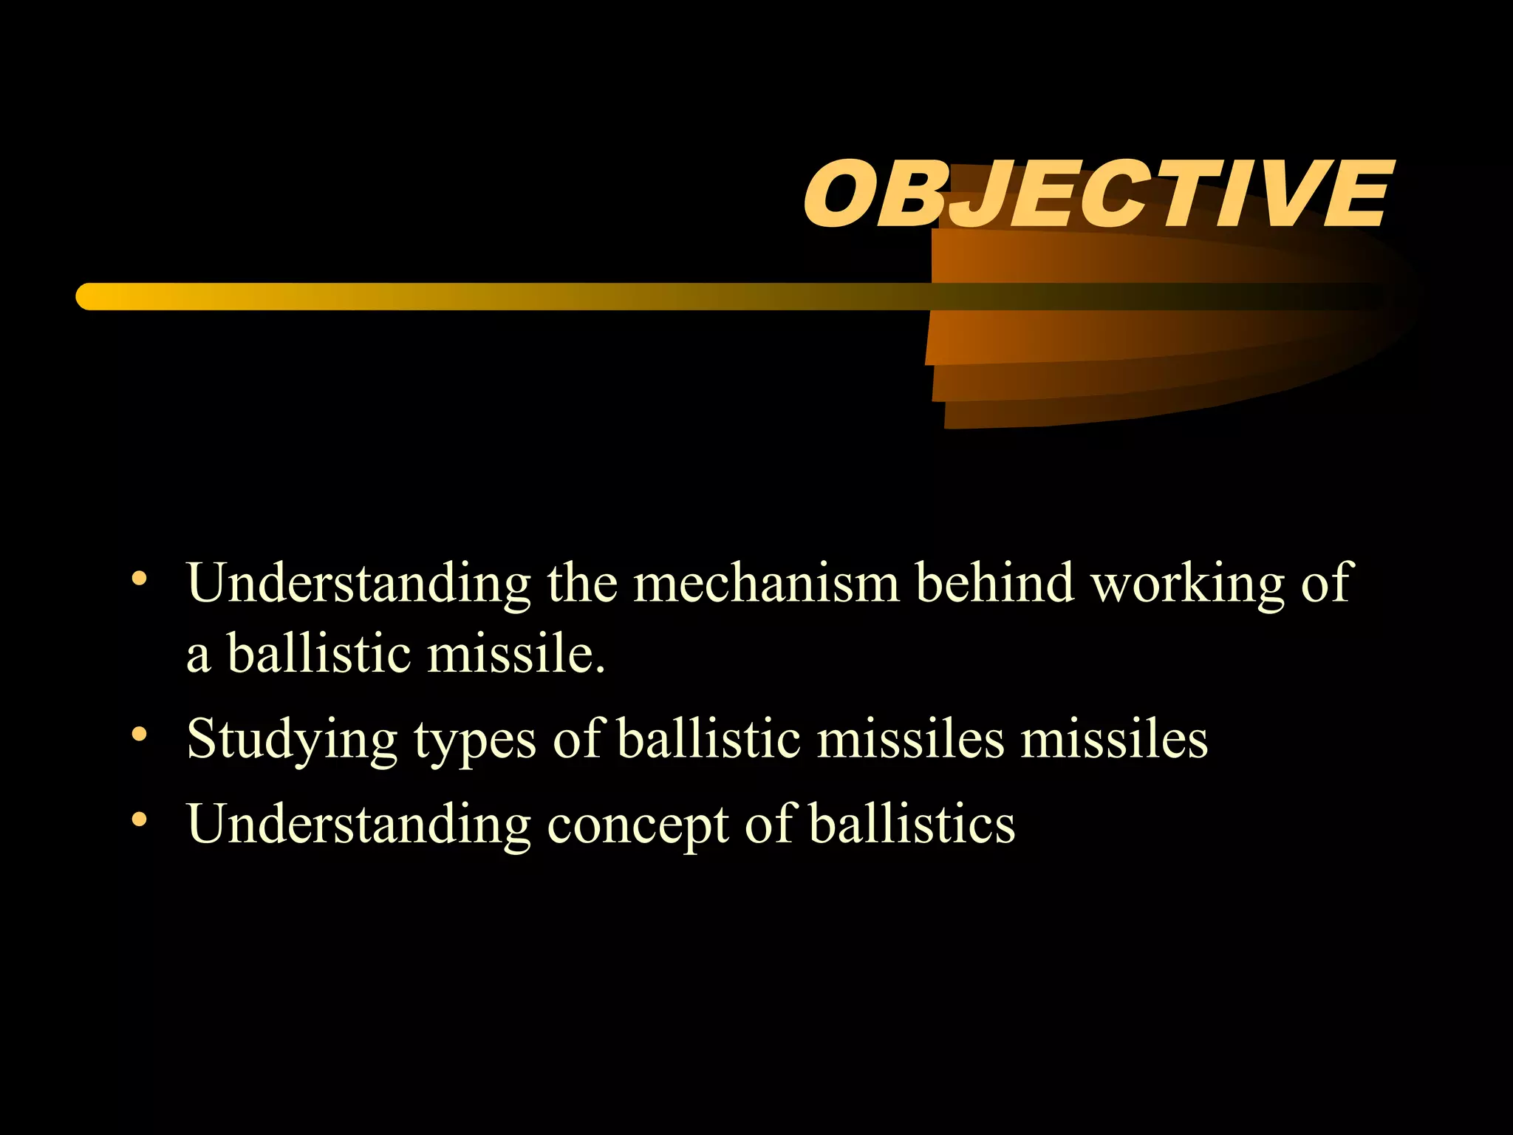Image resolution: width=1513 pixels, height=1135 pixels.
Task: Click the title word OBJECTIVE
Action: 1097,195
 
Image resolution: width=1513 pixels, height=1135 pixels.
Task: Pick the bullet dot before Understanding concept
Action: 139,819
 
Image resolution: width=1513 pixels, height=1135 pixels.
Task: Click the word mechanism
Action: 766,584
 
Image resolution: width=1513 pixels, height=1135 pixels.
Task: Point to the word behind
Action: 994,582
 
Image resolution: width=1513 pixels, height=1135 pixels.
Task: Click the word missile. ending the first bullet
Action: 516,653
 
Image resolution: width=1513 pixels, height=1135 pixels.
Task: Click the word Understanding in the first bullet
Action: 359,584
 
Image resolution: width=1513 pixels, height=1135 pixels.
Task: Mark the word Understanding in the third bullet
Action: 359,825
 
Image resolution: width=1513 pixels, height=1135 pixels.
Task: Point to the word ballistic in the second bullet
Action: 708,739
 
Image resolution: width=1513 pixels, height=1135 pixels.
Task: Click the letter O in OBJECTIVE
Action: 837,195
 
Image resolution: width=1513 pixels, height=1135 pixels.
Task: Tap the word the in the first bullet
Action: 581,582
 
